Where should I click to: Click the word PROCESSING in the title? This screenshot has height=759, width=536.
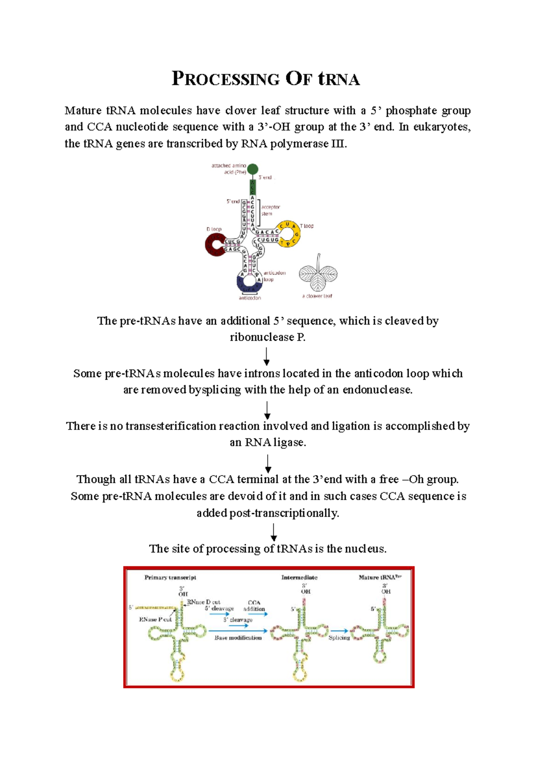226,79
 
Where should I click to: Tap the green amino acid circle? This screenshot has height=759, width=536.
252,169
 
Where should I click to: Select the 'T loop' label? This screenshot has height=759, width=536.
306,226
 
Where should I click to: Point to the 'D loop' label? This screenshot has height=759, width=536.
214,229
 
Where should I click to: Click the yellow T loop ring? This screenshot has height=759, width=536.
288,234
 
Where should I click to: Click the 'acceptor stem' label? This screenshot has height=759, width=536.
270,210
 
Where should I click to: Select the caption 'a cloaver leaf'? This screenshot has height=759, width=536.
317,296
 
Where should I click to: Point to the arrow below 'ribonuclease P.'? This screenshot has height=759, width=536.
266,356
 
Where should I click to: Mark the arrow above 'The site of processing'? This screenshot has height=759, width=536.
274,532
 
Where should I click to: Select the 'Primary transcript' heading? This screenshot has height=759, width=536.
170,578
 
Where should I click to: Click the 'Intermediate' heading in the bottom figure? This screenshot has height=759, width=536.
299,578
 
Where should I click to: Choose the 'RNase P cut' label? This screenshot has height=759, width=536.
155,620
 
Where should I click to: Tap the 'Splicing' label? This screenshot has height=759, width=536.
339,637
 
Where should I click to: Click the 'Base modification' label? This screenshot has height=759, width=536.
238,637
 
